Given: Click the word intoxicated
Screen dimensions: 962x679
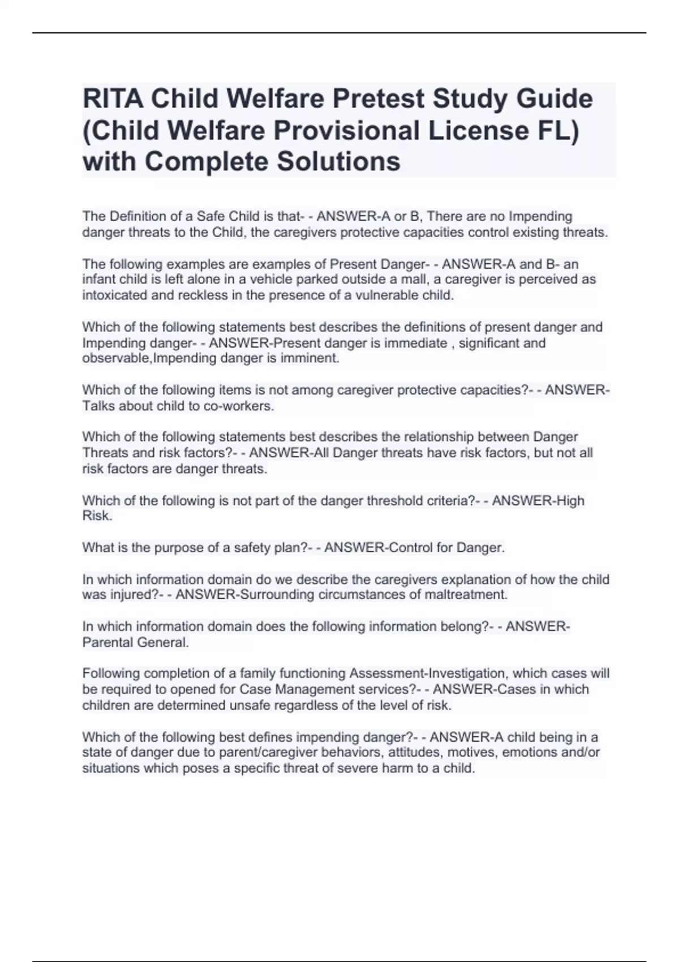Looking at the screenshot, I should click(115, 295).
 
